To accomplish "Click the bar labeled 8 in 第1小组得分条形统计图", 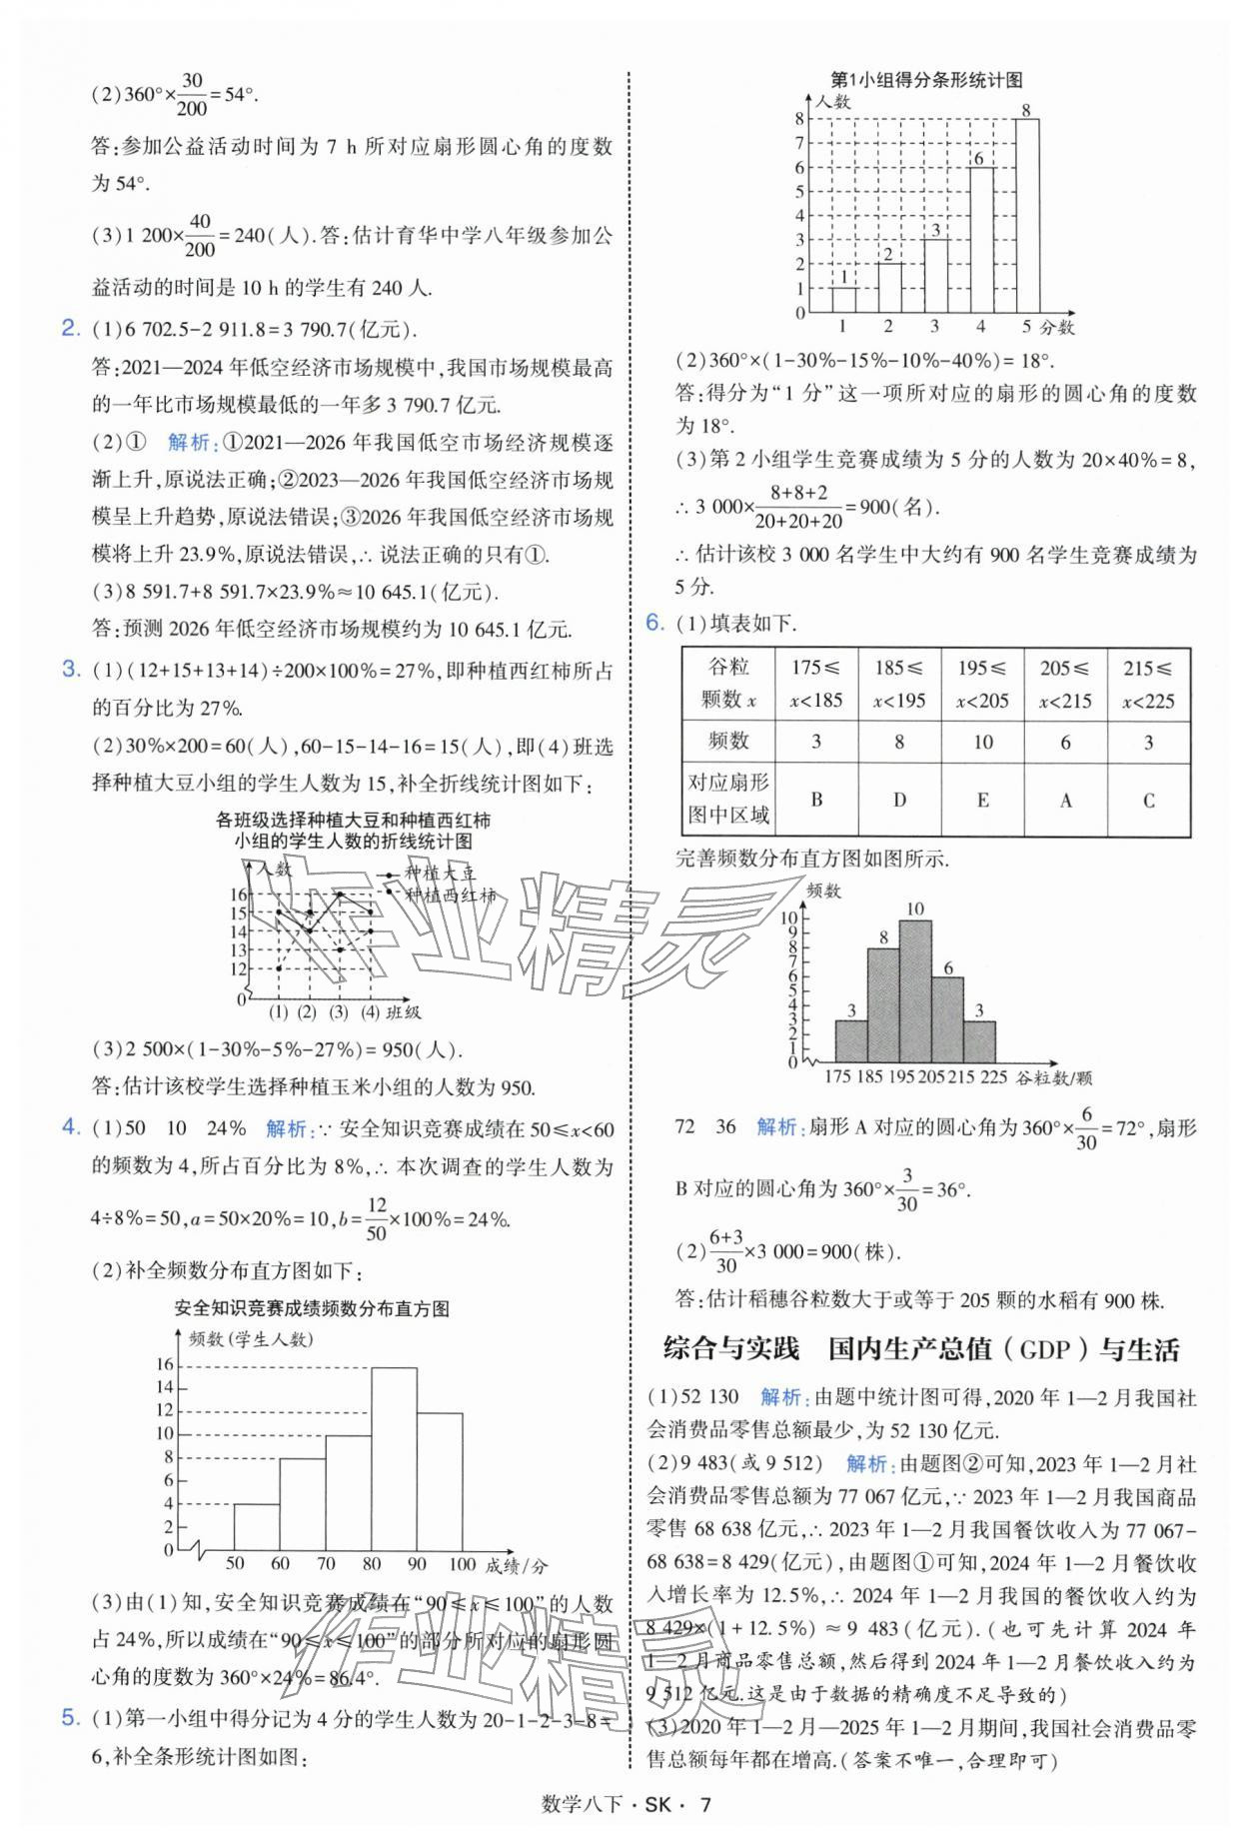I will [1027, 216].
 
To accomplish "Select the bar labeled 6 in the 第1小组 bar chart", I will [980, 240].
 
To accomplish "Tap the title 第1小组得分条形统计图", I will [926, 80].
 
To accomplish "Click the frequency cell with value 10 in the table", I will [982, 742].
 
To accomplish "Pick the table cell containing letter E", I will [982, 800].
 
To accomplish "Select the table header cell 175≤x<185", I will [815, 684].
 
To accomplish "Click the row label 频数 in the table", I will [727, 742].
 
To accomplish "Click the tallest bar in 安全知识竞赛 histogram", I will [394, 1459].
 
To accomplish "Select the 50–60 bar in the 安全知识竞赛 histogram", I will [256, 1526].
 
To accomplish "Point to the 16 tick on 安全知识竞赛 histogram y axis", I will [164, 1365].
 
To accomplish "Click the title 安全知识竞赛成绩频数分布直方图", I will [311, 1308].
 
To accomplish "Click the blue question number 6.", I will [654, 624].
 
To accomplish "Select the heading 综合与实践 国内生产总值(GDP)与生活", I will [920, 1349].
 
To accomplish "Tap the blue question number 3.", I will [71, 670].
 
